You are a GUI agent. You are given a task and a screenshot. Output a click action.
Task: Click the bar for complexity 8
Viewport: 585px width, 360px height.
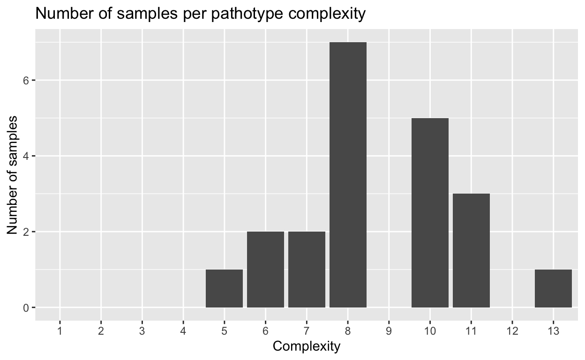(x=348, y=175)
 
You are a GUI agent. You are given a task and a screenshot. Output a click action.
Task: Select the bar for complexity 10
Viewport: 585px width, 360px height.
(x=430, y=213)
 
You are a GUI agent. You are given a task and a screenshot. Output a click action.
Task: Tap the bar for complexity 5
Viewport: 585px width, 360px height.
(x=224, y=288)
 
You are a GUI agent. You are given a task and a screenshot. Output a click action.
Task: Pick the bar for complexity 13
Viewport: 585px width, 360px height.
(x=553, y=288)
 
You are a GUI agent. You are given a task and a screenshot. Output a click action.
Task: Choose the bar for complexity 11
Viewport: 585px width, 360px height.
(x=471, y=250)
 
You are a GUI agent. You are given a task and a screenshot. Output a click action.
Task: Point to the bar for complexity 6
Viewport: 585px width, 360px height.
(x=265, y=270)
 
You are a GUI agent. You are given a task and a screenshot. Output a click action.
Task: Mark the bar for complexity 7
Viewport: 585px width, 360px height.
(x=307, y=270)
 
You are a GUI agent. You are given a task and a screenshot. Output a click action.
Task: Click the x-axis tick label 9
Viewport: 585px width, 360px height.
(x=389, y=330)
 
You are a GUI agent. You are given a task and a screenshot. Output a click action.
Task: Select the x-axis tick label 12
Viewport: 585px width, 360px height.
(x=512, y=330)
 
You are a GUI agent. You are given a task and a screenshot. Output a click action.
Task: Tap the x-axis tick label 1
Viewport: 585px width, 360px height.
(x=60, y=330)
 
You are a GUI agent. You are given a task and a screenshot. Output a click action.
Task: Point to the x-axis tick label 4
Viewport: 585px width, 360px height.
(x=183, y=330)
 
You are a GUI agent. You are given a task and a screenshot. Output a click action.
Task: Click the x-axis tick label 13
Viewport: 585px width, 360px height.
(x=553, y=330)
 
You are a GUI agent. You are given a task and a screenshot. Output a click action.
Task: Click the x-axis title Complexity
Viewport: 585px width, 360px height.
(x=307, y=346)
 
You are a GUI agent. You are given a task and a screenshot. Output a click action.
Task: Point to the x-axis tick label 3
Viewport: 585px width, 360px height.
(x=142, y=330)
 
